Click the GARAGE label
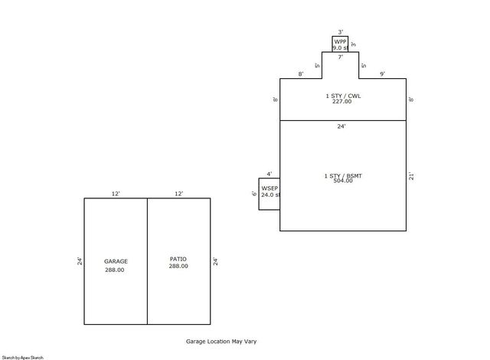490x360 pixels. [116, 261]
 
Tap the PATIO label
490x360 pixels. [178, 259]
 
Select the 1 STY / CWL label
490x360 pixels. [342, 95]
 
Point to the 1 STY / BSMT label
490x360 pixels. [342, 176]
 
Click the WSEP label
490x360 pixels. [269, 188]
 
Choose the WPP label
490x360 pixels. [339, 41]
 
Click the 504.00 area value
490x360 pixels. [342, 183]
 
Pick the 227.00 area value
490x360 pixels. [342, 101]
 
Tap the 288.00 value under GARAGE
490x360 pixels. [115, 270]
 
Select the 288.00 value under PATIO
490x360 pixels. [178, 267]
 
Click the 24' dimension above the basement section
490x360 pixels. [342, 126]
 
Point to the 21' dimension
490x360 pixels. [412, 175]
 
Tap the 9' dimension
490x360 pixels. [383, 74]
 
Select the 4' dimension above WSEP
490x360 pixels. [269, 174]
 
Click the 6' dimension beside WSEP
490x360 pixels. [254, 194]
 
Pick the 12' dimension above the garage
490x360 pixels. [116, 194]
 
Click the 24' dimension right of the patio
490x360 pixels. [216, 261]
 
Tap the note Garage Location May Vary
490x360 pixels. [226, 342]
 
